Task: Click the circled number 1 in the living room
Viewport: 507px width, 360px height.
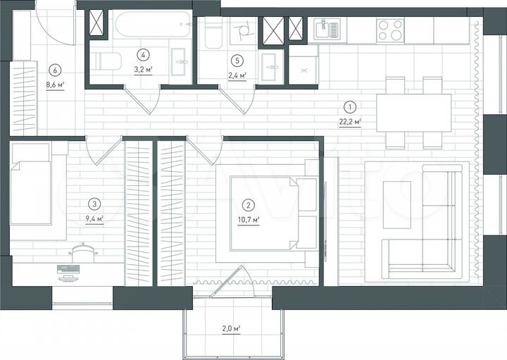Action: tap(350, 108)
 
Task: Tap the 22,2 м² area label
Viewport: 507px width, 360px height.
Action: tap(349, 122)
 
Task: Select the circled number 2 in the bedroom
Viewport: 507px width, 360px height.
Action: tap(248, 205)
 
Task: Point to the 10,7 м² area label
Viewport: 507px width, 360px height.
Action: tap(248, 220)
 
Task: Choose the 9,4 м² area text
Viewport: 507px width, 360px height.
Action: tap(94, 219)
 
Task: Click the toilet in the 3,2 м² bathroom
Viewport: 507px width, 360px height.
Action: tap(106, 61)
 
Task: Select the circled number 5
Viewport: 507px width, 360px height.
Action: tap(238, 61)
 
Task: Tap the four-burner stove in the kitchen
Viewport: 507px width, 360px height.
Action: tap(389, 30)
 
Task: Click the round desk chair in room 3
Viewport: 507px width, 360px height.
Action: tap(82, 252)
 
